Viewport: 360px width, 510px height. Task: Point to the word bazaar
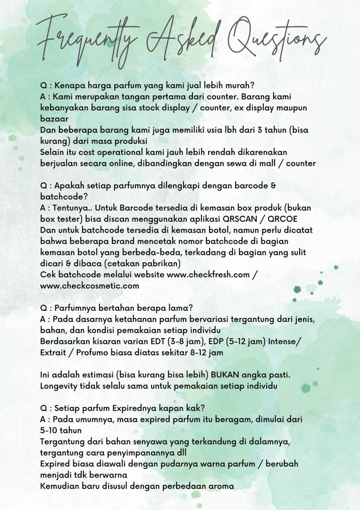point(54,119)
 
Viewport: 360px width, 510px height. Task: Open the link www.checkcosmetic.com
point(90,286)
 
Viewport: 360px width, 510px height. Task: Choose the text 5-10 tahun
point(61,431)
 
